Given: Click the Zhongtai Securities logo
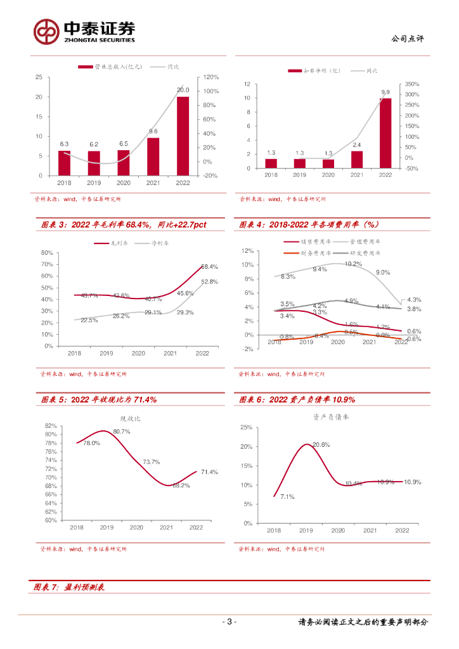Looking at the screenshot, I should point(84,30).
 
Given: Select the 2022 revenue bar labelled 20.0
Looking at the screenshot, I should point(183,136).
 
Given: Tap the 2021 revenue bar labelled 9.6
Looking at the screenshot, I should point(153,157).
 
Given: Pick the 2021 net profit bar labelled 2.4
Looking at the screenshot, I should point(357,159).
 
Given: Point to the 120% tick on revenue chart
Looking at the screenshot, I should point(211,77).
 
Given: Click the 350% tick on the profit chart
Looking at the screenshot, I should point(412,84).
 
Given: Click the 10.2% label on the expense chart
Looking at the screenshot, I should point(354,264).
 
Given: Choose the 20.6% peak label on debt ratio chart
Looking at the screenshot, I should point(321,445).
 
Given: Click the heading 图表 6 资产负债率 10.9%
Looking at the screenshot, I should point(297,400).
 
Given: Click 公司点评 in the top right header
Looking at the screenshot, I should point(408,39).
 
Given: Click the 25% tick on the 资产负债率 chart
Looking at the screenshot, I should point(246,428).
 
